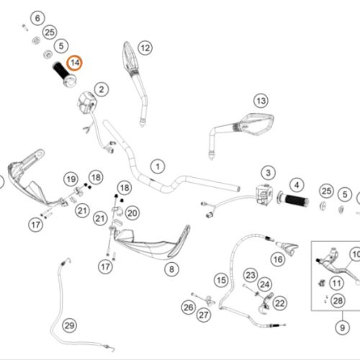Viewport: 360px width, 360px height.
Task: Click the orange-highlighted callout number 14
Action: [74, 63]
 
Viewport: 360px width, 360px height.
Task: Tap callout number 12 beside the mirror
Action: [145, 48]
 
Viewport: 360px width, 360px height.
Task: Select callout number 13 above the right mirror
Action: [261, 101]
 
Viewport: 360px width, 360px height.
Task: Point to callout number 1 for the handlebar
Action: [158, 166]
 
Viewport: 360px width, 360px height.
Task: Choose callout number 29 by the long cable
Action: [70, 325]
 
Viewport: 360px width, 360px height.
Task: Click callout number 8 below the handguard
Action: [171, 269]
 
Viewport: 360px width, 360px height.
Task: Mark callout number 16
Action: [278, 259]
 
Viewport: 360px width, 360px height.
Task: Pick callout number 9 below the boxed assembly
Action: [343, 328]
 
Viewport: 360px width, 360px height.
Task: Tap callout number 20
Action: [132, 213]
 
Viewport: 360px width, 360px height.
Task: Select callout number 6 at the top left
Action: [37, 18]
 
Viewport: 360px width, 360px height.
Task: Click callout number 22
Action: [280, 303]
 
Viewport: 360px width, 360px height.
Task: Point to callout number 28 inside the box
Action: [338, 300]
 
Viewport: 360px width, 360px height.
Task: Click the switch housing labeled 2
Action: [87, 102]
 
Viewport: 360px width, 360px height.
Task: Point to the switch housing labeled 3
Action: [264, 194]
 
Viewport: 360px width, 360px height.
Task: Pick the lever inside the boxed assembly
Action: [336, 266]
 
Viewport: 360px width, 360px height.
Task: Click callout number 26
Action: [189, 307]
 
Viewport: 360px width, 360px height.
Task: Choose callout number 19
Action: [71, 179]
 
